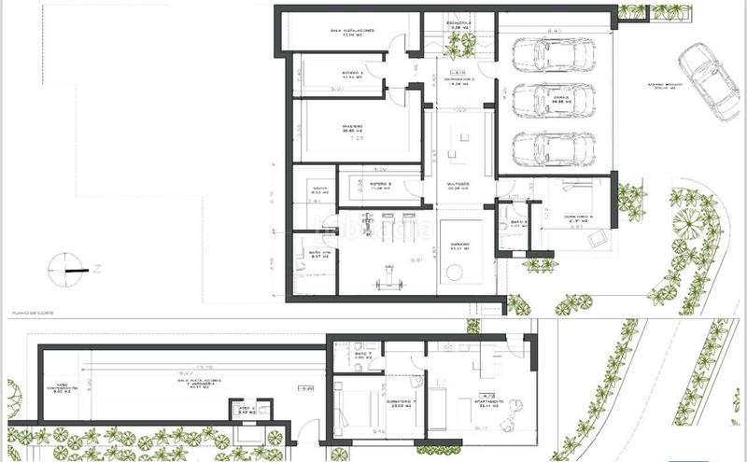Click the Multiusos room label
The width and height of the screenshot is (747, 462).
coord(458,186)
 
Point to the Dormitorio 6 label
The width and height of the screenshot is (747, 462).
coord(578,217)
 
